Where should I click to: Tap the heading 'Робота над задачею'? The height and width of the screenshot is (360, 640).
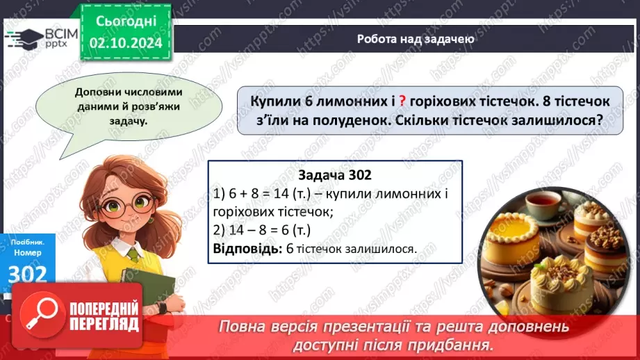click(x=416, y=40)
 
